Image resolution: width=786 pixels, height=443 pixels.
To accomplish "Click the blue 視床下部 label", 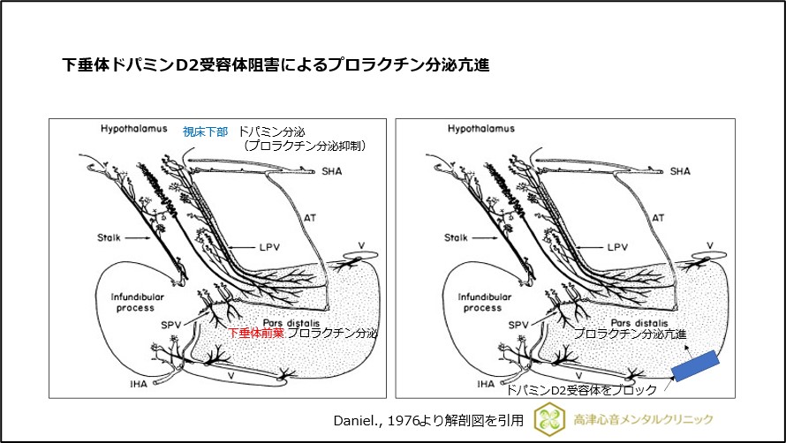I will pos(205,131).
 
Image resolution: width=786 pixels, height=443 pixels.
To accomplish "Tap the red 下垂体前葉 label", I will pos(255,334).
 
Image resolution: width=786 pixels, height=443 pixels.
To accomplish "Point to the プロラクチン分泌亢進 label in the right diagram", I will pos(629,334).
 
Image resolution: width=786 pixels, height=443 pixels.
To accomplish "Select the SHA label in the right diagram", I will pos(680,171).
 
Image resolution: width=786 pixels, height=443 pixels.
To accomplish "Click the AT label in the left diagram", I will pos(311,216).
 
